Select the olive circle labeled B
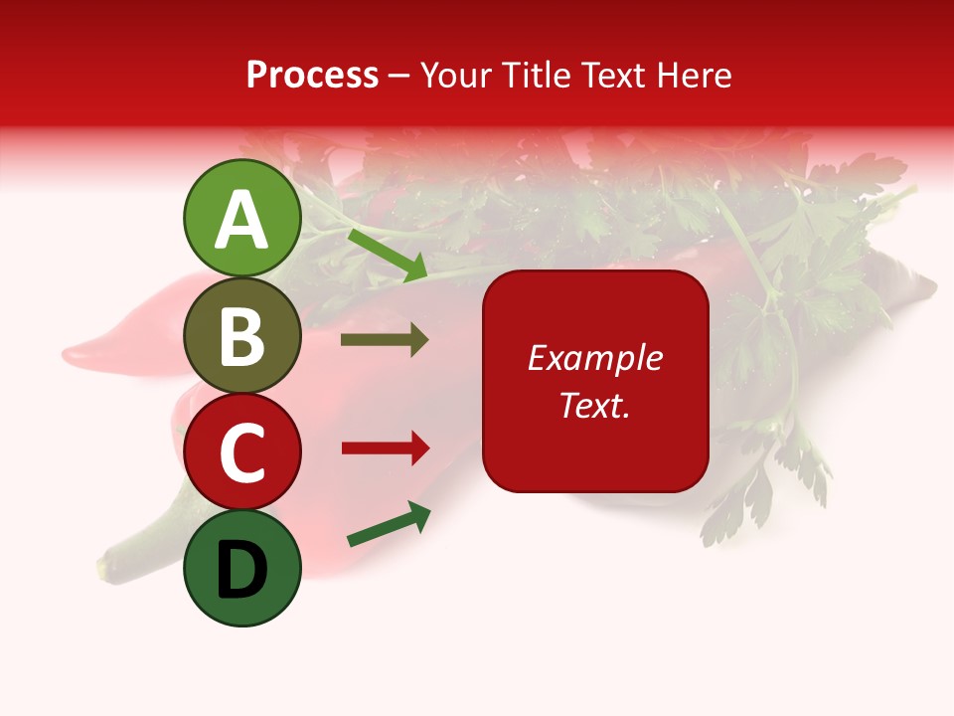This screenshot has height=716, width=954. tap(242, 336)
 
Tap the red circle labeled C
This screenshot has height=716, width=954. tap(242, 452)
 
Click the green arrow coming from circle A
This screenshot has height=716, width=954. tap(388, 255)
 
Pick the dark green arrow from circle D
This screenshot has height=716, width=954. tap(389, 524)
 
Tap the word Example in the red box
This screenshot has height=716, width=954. tap(595, 358)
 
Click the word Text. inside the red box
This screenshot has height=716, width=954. tap(595, 406)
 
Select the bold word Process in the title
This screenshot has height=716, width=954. tap(312, 75)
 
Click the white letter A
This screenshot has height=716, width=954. tap(242, 220)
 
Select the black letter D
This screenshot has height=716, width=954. tap(242, 572)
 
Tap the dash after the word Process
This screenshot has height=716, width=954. tap(398, 76)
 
